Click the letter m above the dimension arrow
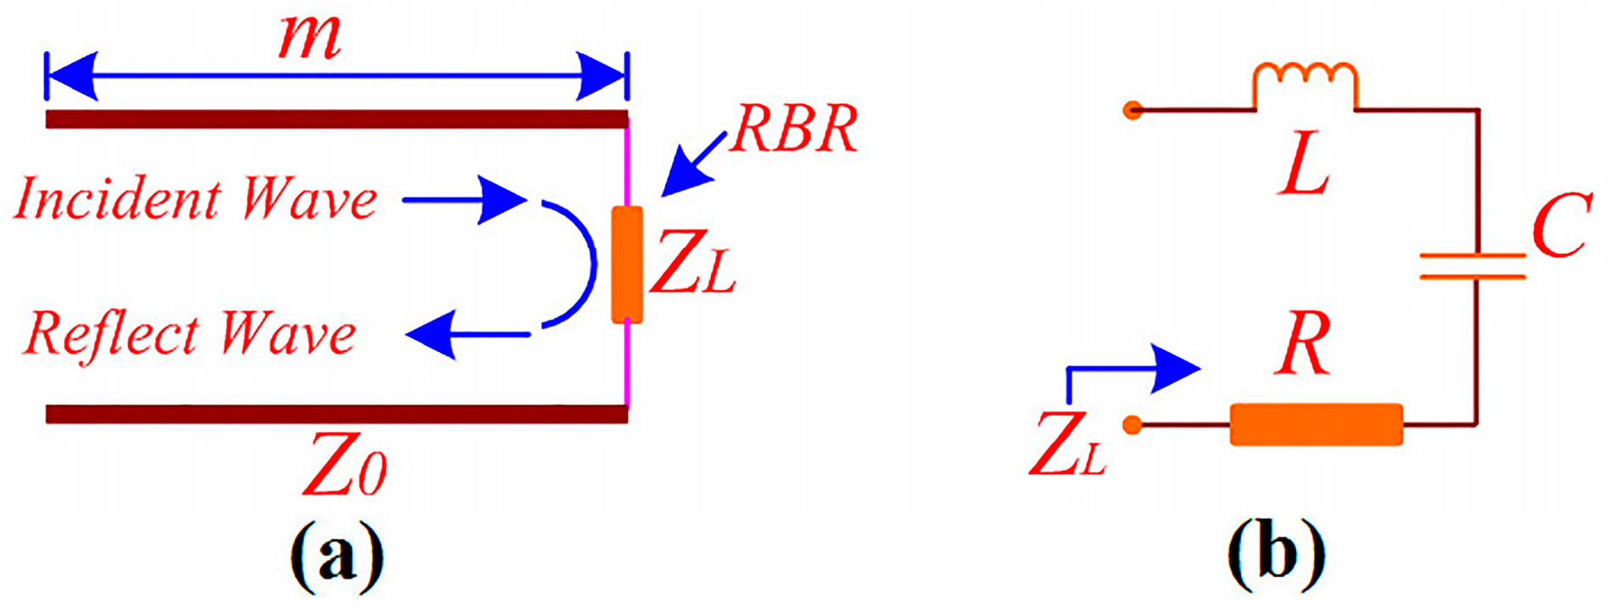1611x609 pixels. pyautogui.click(x=310, y=39)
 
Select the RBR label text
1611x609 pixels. pyautogui.click(x=794, y=130)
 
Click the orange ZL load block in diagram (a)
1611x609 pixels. pyautogui.click(x=627, y=265)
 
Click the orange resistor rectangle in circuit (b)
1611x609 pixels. pyautogui.click(x=1316, y=424)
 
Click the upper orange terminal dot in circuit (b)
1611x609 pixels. pyautogui.click(x=1132, y=109)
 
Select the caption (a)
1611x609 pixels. pyautogui.click(x=337, y=556)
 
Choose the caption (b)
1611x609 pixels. pyautogui.click(x=1275, y=556)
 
